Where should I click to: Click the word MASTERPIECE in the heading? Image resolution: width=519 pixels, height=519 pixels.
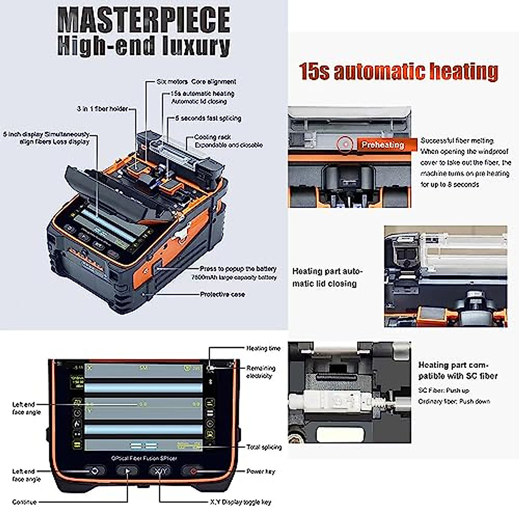click(144, 20)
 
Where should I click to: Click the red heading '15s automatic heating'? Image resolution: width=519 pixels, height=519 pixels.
click(398, 71)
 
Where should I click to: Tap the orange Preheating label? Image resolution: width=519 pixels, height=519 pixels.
click(382, 145)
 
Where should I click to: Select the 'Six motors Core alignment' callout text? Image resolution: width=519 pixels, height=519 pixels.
click(196, 82)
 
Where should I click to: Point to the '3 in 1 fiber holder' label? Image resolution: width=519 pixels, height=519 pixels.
click(102, 109)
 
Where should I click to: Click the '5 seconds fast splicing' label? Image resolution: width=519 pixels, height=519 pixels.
click(208, 118)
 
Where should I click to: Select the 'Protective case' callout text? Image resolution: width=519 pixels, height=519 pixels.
click(222, 295)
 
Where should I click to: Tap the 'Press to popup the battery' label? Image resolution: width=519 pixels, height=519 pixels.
click(238, 269)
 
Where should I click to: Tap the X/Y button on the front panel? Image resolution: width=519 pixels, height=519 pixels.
click(160, 471)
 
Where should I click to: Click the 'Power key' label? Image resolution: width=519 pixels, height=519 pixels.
click(260, 471)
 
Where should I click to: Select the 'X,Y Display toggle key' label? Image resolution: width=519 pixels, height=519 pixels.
click(240, 502)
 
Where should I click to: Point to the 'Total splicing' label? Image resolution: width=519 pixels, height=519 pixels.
click(264, 447)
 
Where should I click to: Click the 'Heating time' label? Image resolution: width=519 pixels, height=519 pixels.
click(263, 348)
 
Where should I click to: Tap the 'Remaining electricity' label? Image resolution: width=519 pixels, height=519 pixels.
click(260, 372)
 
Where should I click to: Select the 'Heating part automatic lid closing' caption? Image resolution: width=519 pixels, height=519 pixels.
click(327, 277)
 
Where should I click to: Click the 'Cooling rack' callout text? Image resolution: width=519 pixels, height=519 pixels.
click(212, 137)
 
